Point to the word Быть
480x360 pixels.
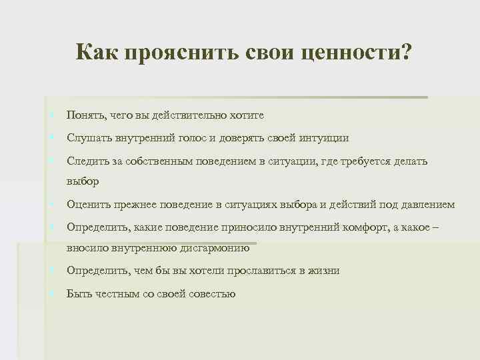click(80, 293)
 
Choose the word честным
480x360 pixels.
click(119, 293)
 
